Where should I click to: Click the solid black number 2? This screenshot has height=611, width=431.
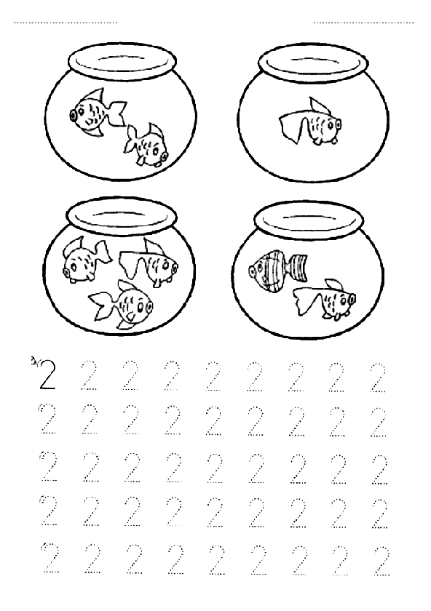coord(47,375)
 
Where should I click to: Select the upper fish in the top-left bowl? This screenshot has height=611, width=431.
coord(98,112)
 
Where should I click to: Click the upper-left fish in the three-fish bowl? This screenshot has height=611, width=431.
coord(87,259)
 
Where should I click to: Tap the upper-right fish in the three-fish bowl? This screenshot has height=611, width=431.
coord(149,263)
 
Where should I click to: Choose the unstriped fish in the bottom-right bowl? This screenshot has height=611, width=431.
coord(325,299)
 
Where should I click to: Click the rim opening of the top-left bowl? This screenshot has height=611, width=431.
coord(122,63)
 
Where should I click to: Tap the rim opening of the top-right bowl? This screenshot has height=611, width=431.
coord(313,63)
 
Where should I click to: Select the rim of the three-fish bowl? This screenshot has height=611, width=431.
coord(122,215)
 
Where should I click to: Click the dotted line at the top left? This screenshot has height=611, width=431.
coord(66,23)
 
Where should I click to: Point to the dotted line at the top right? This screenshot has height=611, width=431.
coord(363,23)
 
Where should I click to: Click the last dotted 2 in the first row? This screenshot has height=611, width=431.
coord(378,377)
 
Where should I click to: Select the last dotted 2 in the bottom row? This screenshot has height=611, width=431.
coord(381,560)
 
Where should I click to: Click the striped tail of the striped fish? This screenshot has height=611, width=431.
coord(298,266)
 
